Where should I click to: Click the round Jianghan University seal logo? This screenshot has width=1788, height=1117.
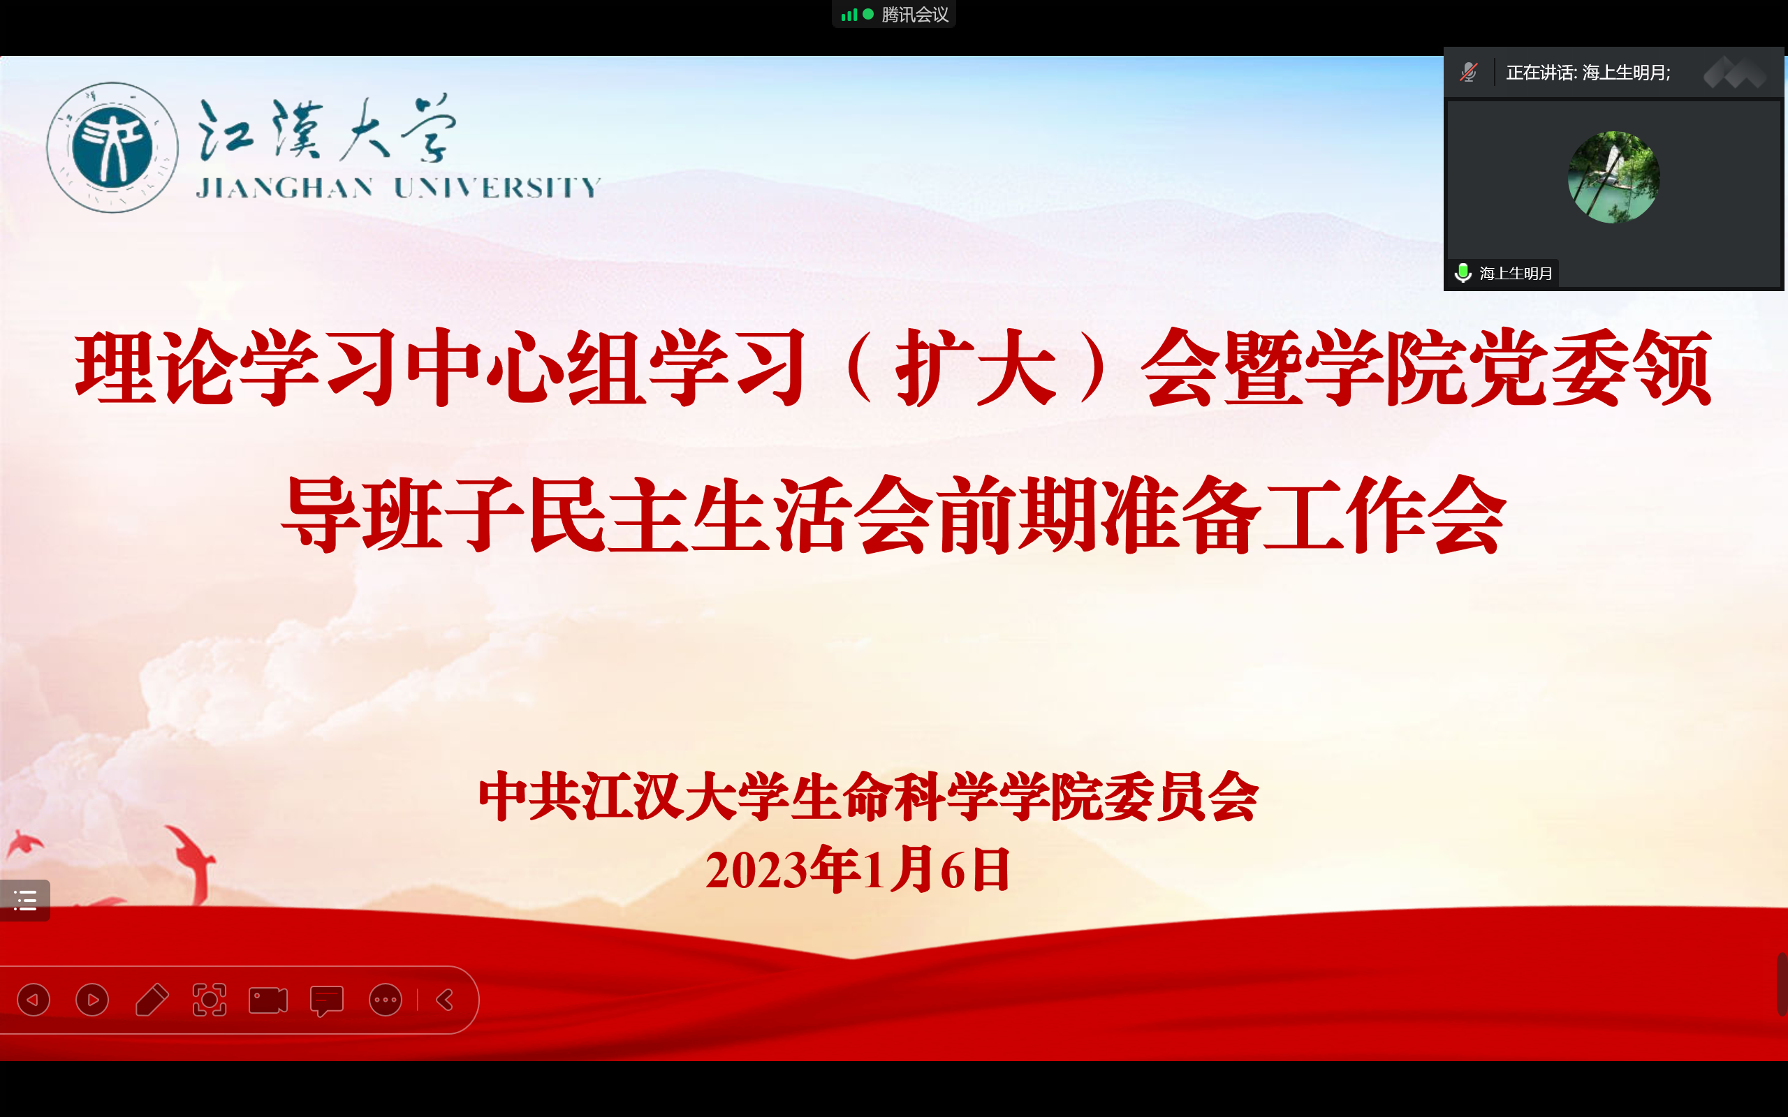112,147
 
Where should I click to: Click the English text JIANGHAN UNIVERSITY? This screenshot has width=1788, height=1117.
398,188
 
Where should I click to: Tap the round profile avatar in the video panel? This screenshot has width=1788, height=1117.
1613,177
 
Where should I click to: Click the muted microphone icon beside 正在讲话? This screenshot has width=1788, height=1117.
1468,73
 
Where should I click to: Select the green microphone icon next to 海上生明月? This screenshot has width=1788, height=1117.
1463,274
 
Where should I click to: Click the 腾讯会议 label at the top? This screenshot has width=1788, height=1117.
915,15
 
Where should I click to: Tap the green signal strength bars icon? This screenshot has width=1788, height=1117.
849,15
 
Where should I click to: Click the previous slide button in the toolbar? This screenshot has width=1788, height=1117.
34,1000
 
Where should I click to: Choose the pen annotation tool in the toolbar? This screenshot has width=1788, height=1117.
152,1000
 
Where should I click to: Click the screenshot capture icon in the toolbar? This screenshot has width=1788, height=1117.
210,1000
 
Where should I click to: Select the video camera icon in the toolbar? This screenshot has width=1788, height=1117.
268,1000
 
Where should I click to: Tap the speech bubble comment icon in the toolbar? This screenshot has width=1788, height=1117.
327,1001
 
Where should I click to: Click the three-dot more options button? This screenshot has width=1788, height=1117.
386,1000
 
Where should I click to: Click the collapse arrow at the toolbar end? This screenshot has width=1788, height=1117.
445,1000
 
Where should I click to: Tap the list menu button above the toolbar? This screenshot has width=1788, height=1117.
25,900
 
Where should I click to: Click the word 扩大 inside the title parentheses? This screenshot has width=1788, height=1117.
976,367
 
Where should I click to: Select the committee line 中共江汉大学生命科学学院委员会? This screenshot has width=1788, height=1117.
869,797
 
